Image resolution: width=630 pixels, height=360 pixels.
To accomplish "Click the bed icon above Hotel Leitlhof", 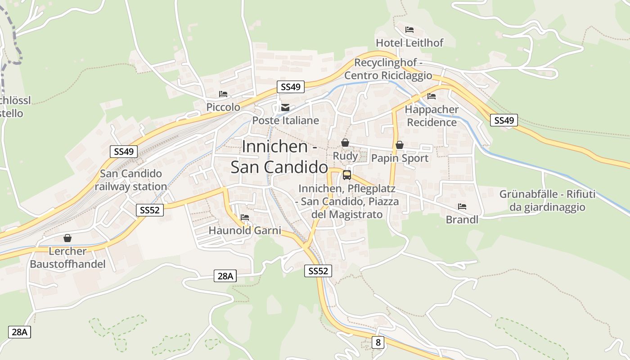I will [x=409, y=30].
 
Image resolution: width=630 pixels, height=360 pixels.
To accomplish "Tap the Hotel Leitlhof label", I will [x=409, y=43].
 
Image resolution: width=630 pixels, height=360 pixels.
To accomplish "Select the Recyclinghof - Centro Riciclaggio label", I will [x=388, y=69].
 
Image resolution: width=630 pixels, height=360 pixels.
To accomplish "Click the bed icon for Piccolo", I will [x=223, y=94].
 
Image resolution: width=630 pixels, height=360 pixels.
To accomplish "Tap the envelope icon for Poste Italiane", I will [x=285, y=108].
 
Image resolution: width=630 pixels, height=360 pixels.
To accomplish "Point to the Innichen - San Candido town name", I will [x=279, y=157].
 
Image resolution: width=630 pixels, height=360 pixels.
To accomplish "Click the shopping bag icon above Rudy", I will [x=345, y=143].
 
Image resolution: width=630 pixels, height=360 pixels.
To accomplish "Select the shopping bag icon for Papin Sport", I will [x=399, y=145].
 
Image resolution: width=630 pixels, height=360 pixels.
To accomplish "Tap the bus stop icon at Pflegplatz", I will [x=347, y=175].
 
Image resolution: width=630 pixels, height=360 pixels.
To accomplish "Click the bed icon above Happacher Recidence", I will [x=432, y=96].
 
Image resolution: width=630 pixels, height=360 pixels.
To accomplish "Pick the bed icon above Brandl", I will [x=462, y=207].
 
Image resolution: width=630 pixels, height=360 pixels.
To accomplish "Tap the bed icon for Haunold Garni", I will [x=245, y=217].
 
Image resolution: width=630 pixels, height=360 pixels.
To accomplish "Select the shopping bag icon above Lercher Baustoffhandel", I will [x=67, y=238].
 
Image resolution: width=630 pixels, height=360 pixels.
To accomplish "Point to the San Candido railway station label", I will [x=131, y=180].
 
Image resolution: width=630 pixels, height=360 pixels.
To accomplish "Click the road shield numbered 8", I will [x=378, y=342].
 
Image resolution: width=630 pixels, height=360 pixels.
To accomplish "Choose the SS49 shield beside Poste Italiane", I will [x=290, y=87].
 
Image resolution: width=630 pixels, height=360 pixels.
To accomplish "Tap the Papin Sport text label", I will [x=400, y=158].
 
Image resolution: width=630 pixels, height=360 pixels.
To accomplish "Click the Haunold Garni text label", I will [x=245, y=230].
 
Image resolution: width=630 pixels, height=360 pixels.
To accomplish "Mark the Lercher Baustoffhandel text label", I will [x=67, y=257].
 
